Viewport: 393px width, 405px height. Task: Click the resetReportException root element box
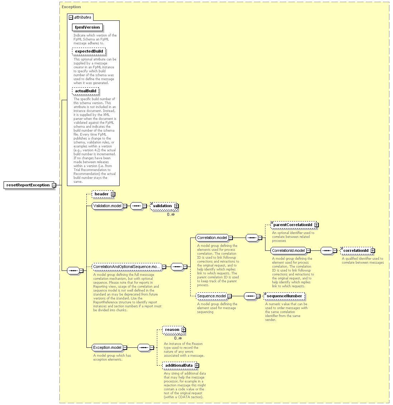29,185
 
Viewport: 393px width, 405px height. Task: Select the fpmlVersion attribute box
87,28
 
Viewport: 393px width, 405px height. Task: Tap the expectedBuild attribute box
89,51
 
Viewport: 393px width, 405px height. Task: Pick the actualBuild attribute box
86,91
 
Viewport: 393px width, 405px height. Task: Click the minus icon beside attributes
71,17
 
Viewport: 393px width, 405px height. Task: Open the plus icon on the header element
113,194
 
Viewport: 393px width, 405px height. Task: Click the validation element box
164,206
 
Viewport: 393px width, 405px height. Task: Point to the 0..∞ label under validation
171,214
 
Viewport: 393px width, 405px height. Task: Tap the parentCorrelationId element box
294,225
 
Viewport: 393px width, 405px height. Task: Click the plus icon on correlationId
373,250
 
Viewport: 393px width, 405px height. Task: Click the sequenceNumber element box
284,296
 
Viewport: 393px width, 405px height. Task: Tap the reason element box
173,330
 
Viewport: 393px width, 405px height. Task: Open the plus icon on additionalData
197,366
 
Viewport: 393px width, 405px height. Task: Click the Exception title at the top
71,7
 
